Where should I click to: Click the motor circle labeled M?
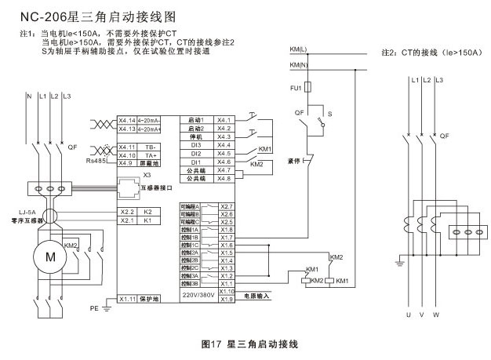[x=50, y=256]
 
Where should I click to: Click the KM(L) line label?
[x=299, y=50]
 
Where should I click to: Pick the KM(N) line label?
[x=299, y=64]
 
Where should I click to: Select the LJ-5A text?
[x=27, y=211]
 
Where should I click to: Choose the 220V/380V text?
[x=197, y=295]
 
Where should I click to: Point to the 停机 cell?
[x=196, y=136]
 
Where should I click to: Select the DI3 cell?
[x=196, y=145]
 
